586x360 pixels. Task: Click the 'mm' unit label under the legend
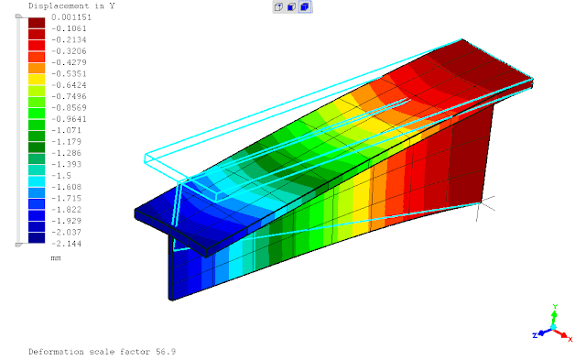point(55,259)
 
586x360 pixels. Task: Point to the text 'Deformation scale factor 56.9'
point(102,351)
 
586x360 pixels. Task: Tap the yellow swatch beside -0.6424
point(37,81)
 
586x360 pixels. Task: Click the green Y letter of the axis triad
point(555,307)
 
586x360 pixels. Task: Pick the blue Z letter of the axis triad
point(535,336)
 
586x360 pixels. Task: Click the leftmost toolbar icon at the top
point(278,6)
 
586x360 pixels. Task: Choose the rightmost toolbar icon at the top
point(305,6)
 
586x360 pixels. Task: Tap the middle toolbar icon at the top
point(291,6)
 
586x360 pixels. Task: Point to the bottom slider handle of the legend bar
point(18,245)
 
